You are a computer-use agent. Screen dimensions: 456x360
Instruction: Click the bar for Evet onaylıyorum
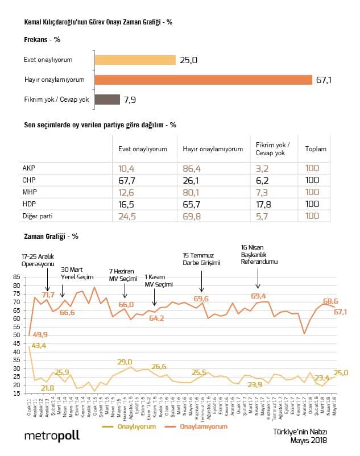135,60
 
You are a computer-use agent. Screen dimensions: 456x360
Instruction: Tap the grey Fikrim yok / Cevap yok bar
107,100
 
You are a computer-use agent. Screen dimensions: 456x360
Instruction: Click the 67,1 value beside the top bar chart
324,80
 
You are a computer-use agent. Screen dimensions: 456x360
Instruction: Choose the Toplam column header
316,149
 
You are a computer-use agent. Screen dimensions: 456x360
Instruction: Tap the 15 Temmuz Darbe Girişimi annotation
202,259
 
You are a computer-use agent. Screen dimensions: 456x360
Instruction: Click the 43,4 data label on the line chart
39,346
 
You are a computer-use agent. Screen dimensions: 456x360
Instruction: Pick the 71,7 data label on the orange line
47,295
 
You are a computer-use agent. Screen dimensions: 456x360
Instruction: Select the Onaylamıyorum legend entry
204,426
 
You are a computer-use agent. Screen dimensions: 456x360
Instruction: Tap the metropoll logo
52,436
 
